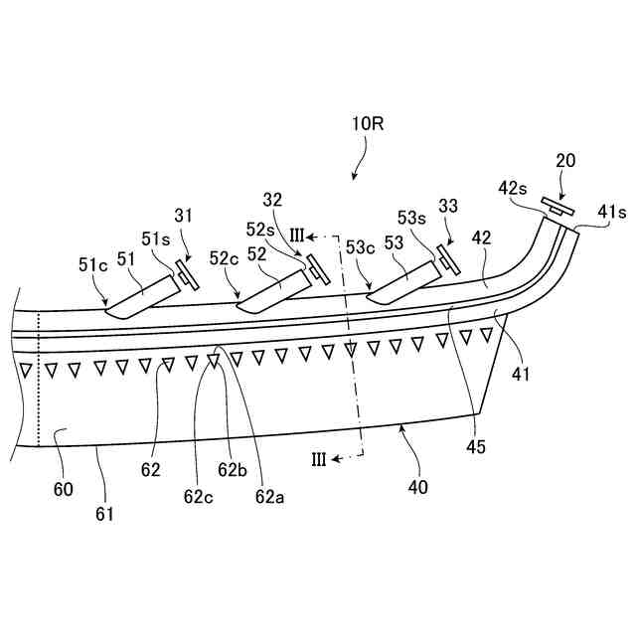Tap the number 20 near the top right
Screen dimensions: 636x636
click(x=565, y=160)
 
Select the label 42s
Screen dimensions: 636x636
click(x=516, y=189)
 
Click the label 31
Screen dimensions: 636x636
click(x=185, y=215)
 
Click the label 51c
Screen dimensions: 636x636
click(x=92, y=264)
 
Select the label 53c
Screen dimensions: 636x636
click(x=360, y=247)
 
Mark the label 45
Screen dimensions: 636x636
click(x=475, y=446)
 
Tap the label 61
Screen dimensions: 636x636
click(x=104, y=514)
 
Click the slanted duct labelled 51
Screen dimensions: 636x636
click(x=139, y=296)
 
